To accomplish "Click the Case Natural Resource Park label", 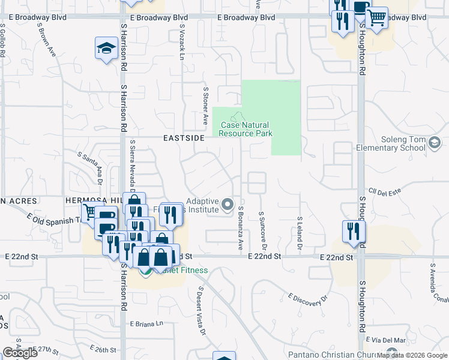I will [x=245, y=129].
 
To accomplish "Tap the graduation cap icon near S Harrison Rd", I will [x=106, y=48].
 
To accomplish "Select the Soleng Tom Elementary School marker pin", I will [x=435, y=142].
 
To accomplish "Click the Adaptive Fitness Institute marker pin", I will [x=228, y=205].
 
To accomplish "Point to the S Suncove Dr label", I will [x=262, y=231].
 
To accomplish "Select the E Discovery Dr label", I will [x=310, y=300].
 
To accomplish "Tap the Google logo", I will [x=20, y=353].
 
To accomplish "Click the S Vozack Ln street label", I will [x=181, y=46].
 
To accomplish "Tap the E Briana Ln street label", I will [x=146, y=323].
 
